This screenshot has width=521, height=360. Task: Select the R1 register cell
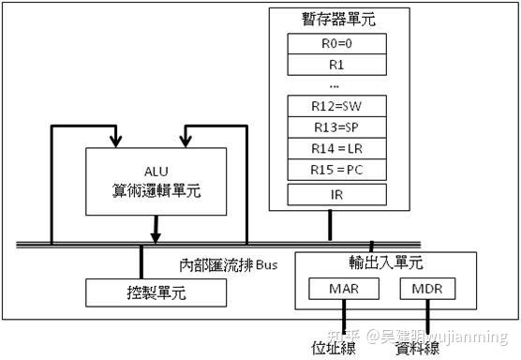click(x=335, y=66)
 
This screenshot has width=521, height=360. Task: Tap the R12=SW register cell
click(x=335, y=106)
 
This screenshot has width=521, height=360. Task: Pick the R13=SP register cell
click(x=335, y=127)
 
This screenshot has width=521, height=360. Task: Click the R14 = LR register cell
click(x=335, y=148)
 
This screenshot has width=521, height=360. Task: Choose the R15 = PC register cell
click(x=335, y=170)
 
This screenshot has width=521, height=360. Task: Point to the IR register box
click(x=335, y=195)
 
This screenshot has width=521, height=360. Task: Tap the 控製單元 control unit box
click(x=156, y=292)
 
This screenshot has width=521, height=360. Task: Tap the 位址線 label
click(x=334, y=347)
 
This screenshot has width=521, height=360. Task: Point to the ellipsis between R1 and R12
click(x=335, y=84)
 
